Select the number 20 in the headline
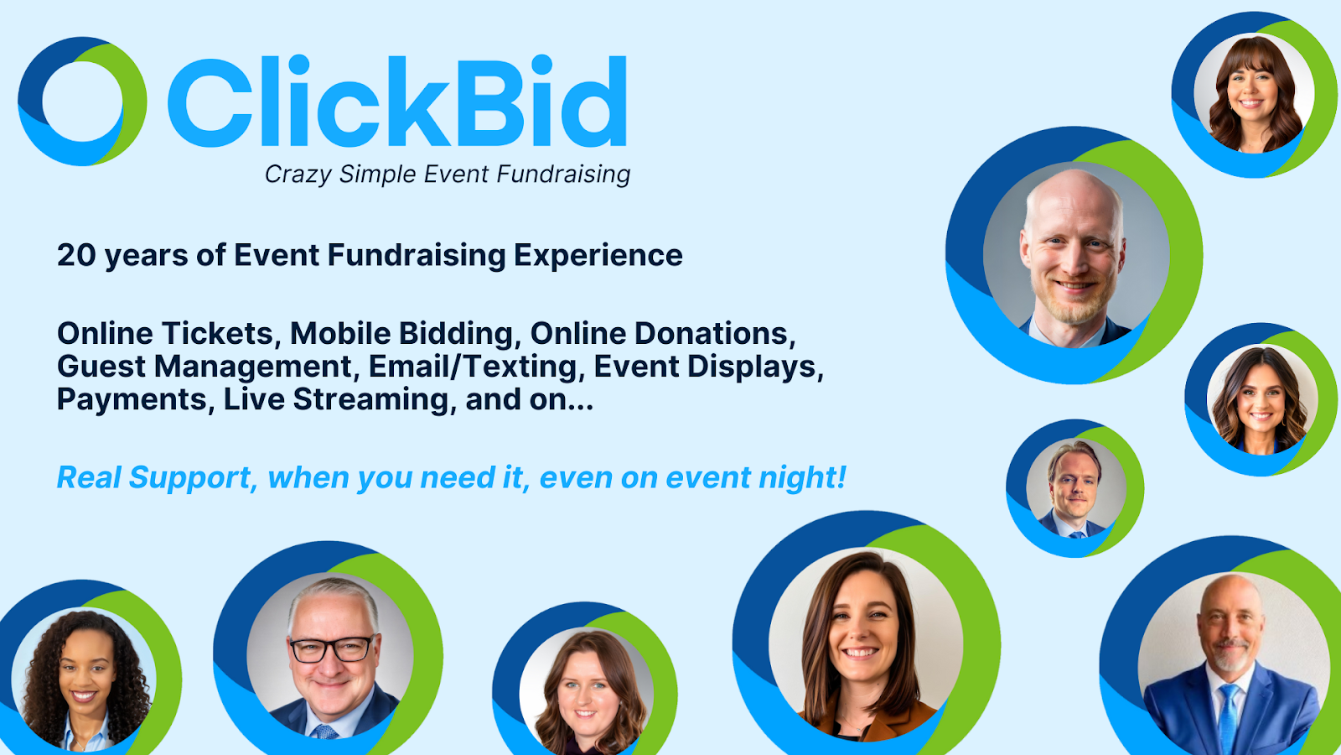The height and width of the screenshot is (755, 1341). pyautogui.click(x=76, y=255)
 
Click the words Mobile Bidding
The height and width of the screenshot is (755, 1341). pyautogui.click(x=401, y=334)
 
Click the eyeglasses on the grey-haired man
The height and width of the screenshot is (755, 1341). pyautogui.click(x=332, y=649)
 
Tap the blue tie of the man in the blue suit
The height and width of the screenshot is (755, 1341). pyautogui.click(x=1229, y=718)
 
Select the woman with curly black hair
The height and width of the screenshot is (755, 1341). pyautogui.click(x=84, y=680)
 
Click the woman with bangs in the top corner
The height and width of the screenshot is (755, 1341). pyautogui.click(x=1254, y=93)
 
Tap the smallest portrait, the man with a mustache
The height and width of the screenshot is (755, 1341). pyautogui.click(x=1076, y=488)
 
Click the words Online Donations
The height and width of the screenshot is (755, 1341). pyautogui.click(x=663, y=334)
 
